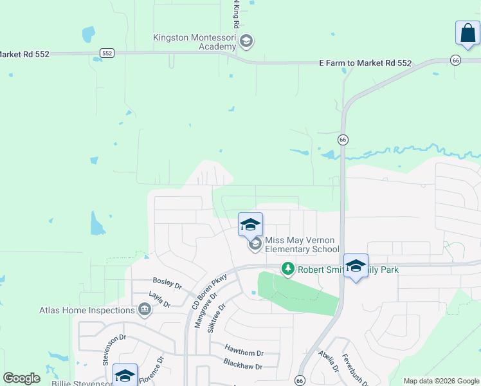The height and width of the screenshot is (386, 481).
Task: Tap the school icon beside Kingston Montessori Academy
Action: tap(246, 42)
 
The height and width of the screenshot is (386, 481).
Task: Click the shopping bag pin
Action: tap(467, 34)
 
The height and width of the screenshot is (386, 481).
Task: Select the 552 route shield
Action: tap(107, 53)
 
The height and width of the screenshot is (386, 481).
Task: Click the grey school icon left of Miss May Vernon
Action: tap(255, 244)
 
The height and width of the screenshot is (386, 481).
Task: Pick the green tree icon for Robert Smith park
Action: tap(288, 268)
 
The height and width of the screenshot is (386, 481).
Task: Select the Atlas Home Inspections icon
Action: tap(144, 310)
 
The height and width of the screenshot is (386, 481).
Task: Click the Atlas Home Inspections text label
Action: tap(87, 310)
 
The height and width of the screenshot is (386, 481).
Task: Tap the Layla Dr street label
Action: tap(158, 299)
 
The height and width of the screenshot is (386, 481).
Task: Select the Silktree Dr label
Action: tap(217, 317)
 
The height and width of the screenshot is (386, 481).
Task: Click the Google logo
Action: tap(21, 378)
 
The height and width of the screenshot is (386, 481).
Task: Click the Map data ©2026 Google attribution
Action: tap(442, 381)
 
